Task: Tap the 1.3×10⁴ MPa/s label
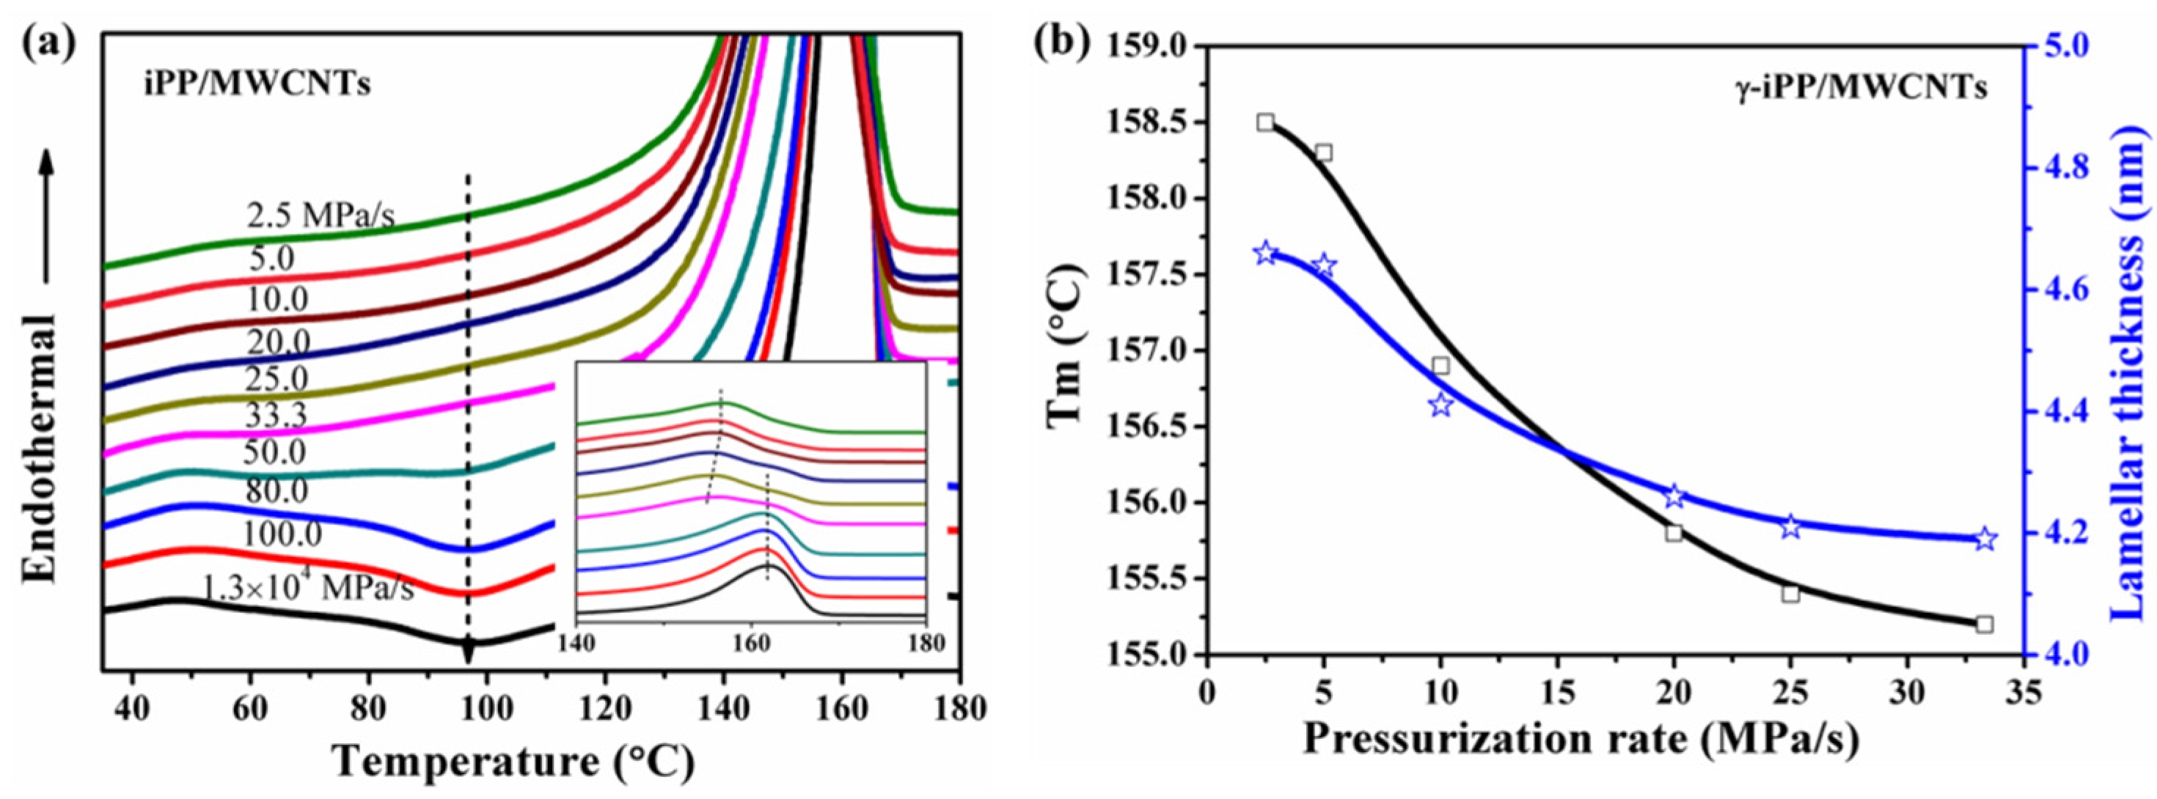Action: (308, 587)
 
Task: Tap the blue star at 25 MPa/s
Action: (1791, 527)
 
